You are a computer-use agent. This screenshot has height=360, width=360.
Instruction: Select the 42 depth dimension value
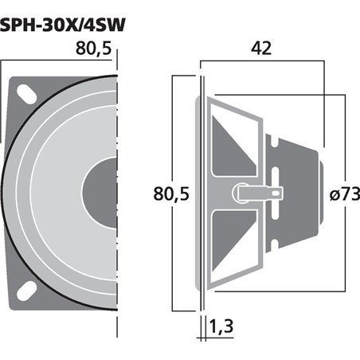260,47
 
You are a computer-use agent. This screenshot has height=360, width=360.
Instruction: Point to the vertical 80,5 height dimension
166,194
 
